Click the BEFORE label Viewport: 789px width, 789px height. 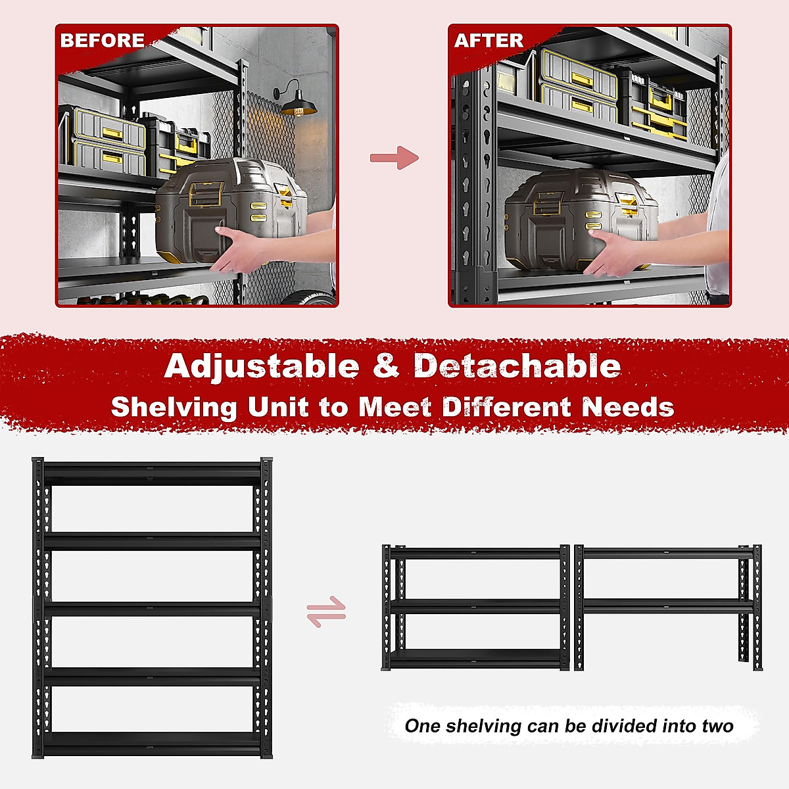tap(102, 41)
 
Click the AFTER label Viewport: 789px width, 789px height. tap(489, 41)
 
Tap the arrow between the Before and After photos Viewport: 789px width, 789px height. tap(394, 158)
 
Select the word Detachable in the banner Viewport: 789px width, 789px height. tap(517, 366)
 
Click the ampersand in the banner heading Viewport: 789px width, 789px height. tap(386, 366)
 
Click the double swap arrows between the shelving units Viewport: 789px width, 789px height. tap(326, 611)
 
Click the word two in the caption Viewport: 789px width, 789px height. tap(717, 726)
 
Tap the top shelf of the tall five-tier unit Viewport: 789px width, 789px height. tap(153, 473)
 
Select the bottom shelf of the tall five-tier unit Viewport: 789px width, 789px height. tap(153, 744)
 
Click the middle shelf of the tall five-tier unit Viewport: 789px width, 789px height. tap(153, 609)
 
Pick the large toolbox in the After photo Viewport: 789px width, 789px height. tap(579, 217)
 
